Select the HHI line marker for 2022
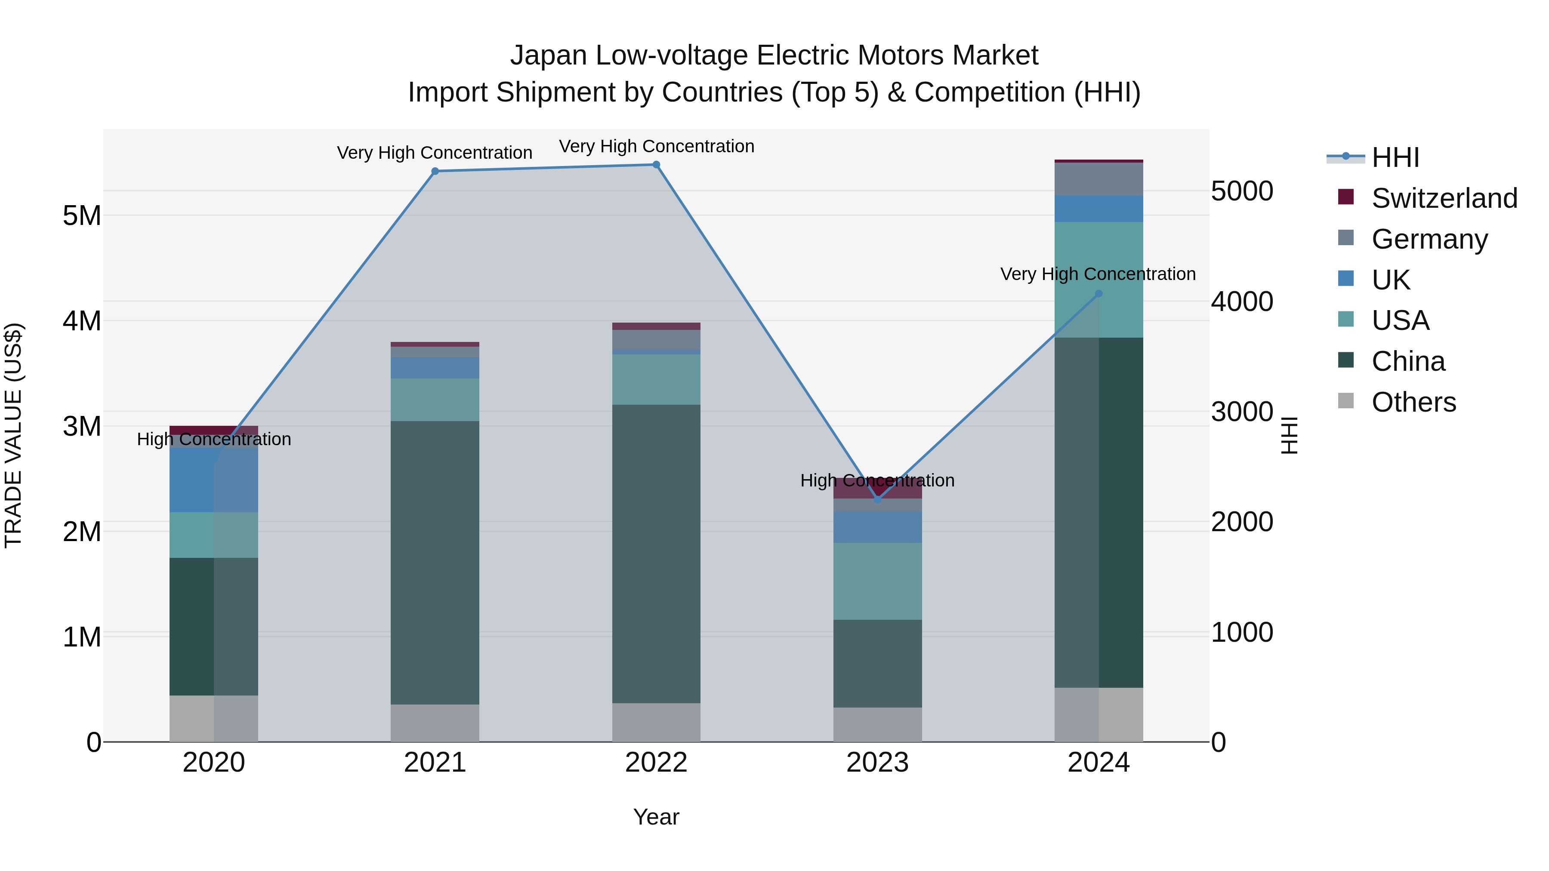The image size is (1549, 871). tap(656, 165)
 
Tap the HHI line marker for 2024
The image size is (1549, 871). tap(1098, 294)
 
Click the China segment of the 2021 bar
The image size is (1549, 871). tap(435, 562)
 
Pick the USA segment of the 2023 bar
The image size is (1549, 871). tap(877, 581)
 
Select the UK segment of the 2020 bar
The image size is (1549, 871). tap(213, 480)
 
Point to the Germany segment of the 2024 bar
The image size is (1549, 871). tap(1098, 179)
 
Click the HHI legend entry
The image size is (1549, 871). tap(1395, 157)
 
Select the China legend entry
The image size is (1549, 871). tap(1408, 361)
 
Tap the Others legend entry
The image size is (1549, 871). tap(1413, 402)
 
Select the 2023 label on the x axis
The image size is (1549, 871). tap(877, 763)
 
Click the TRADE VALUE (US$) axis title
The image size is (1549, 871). tap(13, 435)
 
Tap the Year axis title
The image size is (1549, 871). tap(656, 817)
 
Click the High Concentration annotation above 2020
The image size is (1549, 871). tap(214, 440)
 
